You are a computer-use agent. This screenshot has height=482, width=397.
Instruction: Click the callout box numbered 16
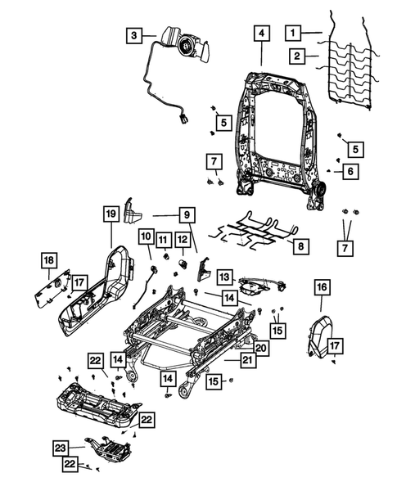click(321, 286)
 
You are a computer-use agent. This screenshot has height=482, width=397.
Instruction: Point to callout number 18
click(47, 260)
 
